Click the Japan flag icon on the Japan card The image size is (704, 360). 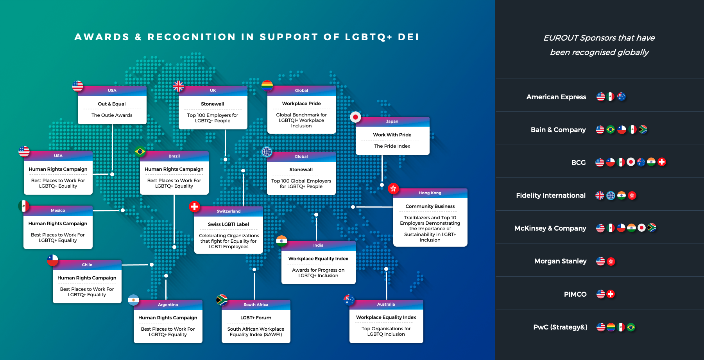coord(355,117)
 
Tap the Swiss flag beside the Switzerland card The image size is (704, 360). coord(194,206)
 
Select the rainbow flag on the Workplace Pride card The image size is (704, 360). coord(267,86)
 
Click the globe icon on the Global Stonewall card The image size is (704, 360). coord(267,152)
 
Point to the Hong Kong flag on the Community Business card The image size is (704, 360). coord(393,188)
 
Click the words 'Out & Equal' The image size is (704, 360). coord(112,104)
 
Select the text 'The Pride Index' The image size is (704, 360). coord(392,146)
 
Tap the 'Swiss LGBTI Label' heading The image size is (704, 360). coord(228,224)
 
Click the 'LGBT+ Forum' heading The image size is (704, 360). coord(256,318)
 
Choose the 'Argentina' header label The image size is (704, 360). coord(168,304)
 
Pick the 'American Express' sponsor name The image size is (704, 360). coord(556,97)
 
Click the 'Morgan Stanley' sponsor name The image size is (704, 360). coord(560,261)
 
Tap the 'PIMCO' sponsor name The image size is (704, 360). coord(575,294)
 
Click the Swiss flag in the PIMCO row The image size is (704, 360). coord(611,294)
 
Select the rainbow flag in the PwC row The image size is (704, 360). coord(611,327)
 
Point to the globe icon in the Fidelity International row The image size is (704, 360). coord(611,195)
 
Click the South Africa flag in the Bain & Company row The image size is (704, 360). coord(643,129)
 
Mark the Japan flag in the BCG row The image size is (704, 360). coord(631,162)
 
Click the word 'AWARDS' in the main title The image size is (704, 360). coord(102,37)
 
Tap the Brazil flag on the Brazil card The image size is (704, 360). coord(140,151)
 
